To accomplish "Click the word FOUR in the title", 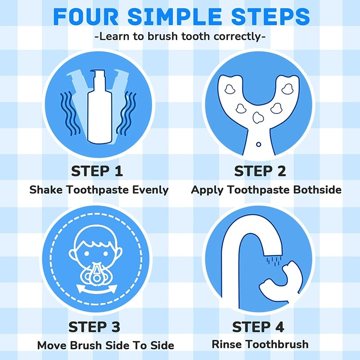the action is pyautogui.click(x=85, y=17).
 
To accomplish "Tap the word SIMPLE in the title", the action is pyautogui.click(x=175, y=17).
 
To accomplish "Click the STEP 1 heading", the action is pyautogui.click(x=97, y=171).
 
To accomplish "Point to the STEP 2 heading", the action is pyautogui.click(x=260, y=171).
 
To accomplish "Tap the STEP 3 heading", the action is pyautogui.click(x=94, y=327).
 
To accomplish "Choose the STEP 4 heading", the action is pyautogui.click(x=258, y=327).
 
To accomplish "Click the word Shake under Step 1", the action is pyautogui.click(x=46, y=190).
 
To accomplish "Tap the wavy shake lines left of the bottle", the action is pyautogui.click(x=70, y=113).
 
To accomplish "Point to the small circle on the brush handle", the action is pyautogui.click(x=258, y=144).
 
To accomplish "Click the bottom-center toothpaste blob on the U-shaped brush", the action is pyautogui.click(x=258, y=117).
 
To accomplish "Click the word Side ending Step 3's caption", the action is pyautogui.click(x=162, y=346).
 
